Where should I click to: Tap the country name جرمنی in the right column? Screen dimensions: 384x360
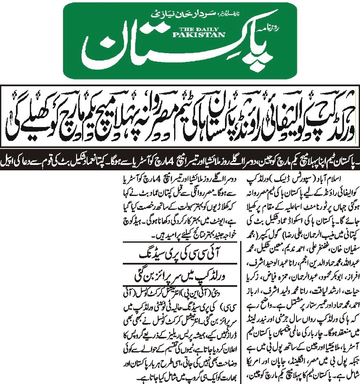[x=291, y=332]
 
